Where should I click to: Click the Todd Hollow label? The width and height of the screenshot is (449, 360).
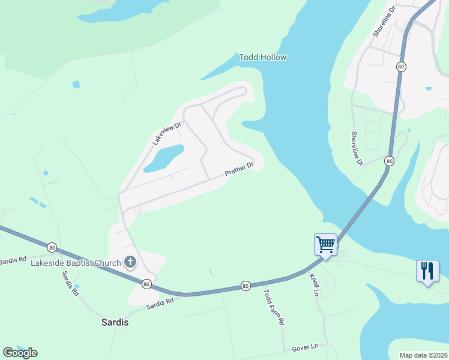point(262,58)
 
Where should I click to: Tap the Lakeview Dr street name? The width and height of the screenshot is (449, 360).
point(166,133)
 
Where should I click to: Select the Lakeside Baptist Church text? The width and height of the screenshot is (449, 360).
point(76,262)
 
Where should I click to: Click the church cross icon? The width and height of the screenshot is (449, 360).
point(130,262)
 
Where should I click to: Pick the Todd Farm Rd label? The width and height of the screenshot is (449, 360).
point(273,307)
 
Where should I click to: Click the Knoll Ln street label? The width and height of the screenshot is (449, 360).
point(314,284)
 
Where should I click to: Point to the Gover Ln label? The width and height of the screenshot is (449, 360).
point(305,347)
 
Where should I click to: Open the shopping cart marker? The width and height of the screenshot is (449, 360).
point(325,245)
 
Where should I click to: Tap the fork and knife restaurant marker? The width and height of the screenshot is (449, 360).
point(427,271)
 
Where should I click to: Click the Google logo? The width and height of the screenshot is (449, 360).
point(20,353)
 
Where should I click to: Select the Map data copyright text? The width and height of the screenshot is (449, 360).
point(423,355)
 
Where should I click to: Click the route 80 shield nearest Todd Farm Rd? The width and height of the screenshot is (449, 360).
point(246,286)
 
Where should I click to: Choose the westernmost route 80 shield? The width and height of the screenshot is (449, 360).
point(52,247)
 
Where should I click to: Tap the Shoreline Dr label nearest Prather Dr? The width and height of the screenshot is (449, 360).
point(357,149)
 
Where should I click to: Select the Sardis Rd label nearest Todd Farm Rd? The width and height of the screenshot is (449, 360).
point(160,303)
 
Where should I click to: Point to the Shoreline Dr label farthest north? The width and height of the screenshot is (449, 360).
point(385,22)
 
